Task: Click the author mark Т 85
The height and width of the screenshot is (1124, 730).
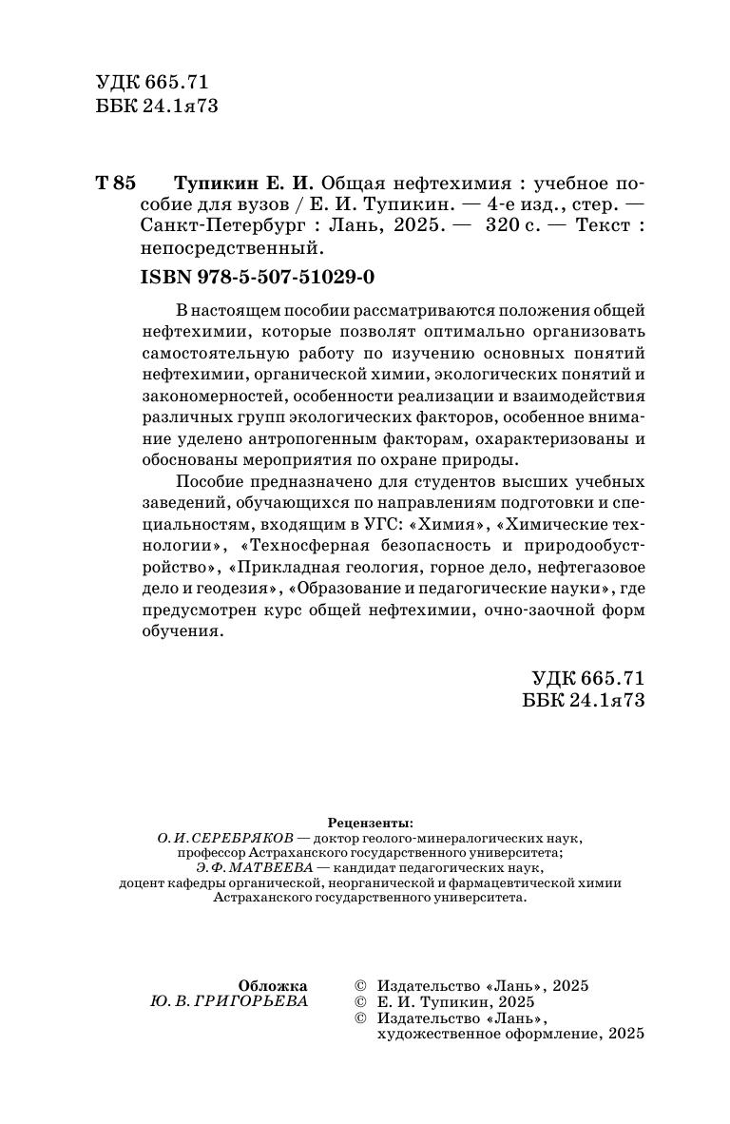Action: click(117, 184)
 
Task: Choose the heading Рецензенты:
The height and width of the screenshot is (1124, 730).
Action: click(370, 822)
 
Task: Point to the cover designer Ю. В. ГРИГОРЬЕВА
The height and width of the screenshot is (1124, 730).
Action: click(229, 1002)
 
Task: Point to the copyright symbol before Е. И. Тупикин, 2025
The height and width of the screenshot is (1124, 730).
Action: click(359, 1002)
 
